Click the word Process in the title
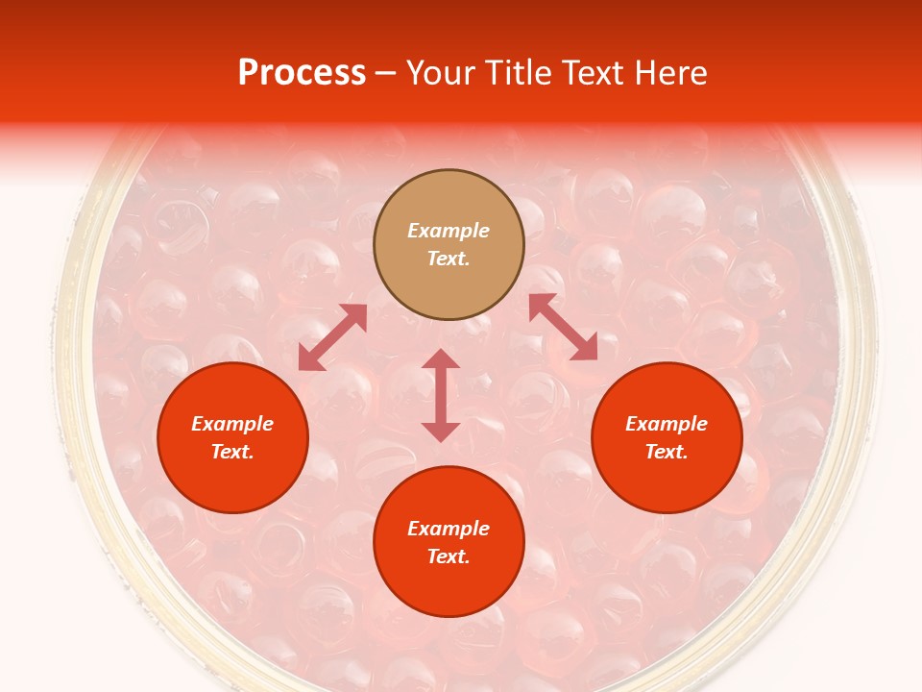point(302,73)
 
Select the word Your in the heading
point(442,73)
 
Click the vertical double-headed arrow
point(441,395)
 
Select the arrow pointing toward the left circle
point(332,337)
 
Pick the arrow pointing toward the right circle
point(563,327)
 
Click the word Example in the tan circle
point(449,231)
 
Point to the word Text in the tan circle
point(449,259)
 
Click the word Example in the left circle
point(232,424)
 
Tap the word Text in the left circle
point(232,452)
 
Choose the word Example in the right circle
point(667,424)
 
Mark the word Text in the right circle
point(667,452)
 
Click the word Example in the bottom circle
point(449,529)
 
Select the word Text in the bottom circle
point(449,556)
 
